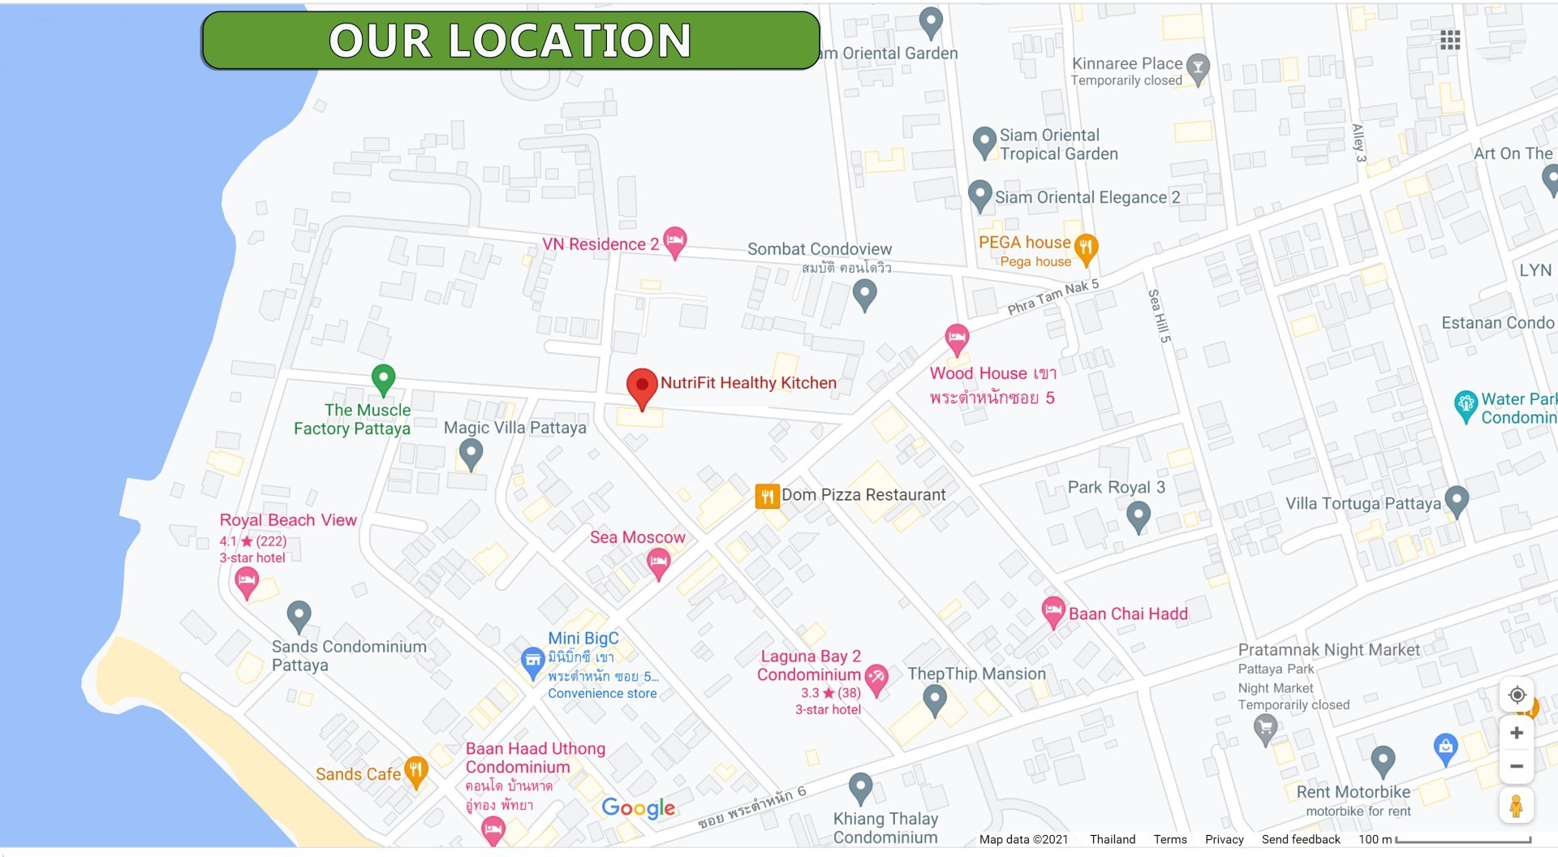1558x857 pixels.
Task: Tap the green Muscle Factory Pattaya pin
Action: tap(383, 378)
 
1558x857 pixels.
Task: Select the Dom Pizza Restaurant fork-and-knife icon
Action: tap(767, 496)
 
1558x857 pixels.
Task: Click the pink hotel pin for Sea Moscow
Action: tap(658, 562)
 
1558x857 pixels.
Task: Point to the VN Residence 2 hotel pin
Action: tap(674, 241)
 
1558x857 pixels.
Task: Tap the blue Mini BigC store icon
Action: tap(532, 661)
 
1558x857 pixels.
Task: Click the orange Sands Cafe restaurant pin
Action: tap(415, 770)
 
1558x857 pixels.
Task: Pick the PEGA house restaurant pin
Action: tap(1086, 247)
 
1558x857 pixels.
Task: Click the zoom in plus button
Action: tap(1516, 733)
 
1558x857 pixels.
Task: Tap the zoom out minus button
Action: tap(1516, 766)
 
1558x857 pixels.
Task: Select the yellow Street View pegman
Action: tap(1516, 806)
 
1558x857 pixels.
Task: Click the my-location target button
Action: tap(1516, 696)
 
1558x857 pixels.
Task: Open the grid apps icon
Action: tap(1450, 41)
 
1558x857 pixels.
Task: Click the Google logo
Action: tap(638, 807)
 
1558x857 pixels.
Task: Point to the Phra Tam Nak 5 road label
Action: tap(1052, 296)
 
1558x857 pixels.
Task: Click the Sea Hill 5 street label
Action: tap(1158, 316)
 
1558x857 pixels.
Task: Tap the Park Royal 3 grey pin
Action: tap(1138, 515)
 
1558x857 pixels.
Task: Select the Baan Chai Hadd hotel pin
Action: tap(1052, 611)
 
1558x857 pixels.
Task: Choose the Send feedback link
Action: tap(1300, 839)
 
